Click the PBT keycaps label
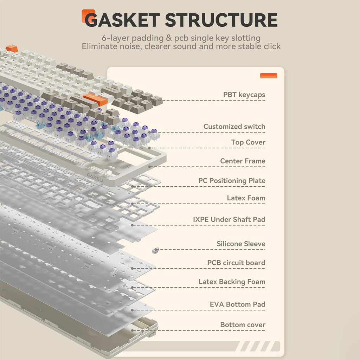click(244, 95)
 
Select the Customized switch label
click(234, 127)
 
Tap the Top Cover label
click(248, 142)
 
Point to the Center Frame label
click(243, 161)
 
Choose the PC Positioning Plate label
click(232, 181)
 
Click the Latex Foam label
click(246, 198)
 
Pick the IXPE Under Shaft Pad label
click(229, 219)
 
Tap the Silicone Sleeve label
click(241, 244)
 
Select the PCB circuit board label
click(236, 263)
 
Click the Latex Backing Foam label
click(232, 282)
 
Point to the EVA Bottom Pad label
click(237, 304)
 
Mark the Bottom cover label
click(243, 325)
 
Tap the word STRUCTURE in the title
click(221, 20)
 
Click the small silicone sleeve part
click(155, 250)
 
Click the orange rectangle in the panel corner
click(269, 76)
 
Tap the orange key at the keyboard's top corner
click(11, 48)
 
